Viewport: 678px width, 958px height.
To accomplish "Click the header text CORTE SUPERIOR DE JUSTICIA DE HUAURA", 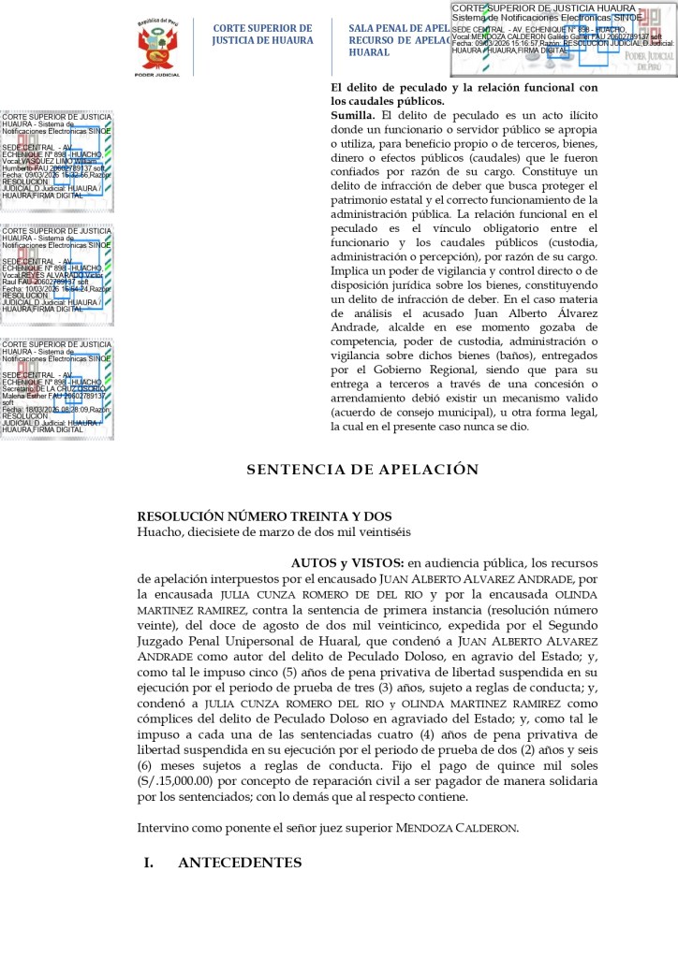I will click(262, 35).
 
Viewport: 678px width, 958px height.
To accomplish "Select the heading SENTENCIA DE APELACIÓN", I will click(362, 470).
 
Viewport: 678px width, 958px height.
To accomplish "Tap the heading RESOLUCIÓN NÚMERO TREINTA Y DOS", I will click(264, 516).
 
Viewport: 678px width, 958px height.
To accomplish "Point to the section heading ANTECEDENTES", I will click(240, 863).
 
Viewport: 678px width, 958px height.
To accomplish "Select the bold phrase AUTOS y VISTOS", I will click(346, 563).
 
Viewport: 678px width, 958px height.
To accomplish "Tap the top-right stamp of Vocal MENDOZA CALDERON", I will click(563, 38).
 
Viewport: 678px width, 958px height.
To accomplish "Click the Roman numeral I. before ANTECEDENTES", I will click(149, 863).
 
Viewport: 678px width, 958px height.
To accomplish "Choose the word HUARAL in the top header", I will click(368, 54).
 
